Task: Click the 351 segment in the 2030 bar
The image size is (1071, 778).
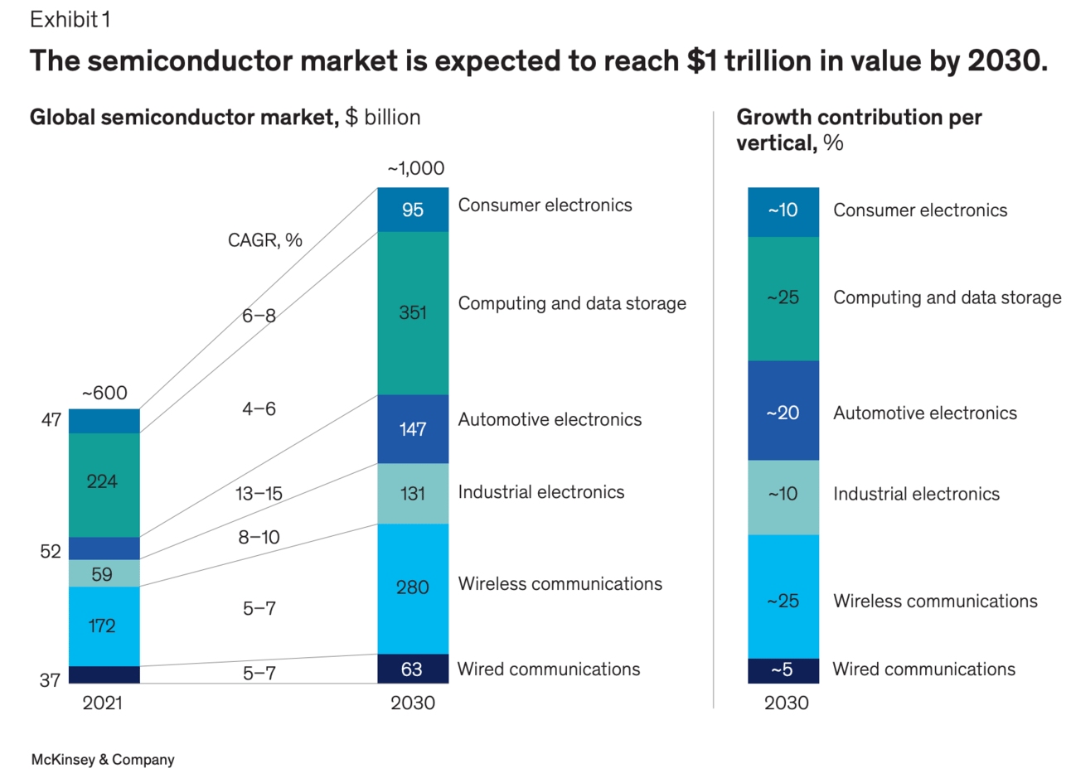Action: coord(413,313)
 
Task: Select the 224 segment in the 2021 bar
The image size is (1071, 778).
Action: coord(103,482)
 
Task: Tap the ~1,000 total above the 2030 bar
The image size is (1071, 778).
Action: coord(415,169)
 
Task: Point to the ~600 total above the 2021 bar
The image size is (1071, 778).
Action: coord(104,394)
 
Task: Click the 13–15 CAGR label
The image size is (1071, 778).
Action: coord(259,494)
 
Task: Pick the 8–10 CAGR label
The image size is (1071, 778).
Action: coord(259,538)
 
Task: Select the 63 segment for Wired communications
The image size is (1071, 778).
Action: coord(412,669)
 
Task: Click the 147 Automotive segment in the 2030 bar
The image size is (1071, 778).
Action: coord(413,429)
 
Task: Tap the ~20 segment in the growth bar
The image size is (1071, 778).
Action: coord(783,413)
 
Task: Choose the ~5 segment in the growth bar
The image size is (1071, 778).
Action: coord(783,670)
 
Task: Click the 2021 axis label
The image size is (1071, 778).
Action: coord(103,703)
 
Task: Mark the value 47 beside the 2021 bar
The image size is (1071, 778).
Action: coord(51,420)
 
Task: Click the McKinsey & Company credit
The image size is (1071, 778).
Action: coord(103,760)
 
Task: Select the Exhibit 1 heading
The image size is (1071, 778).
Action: coord(70,20)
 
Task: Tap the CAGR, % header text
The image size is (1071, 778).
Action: coord(265,240)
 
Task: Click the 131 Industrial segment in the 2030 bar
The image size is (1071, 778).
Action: coord(413,494)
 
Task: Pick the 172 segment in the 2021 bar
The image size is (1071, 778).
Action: coord(103,626)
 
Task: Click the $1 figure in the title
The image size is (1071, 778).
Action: coord(701,61)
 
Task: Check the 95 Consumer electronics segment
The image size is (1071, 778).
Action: coord(413,210)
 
